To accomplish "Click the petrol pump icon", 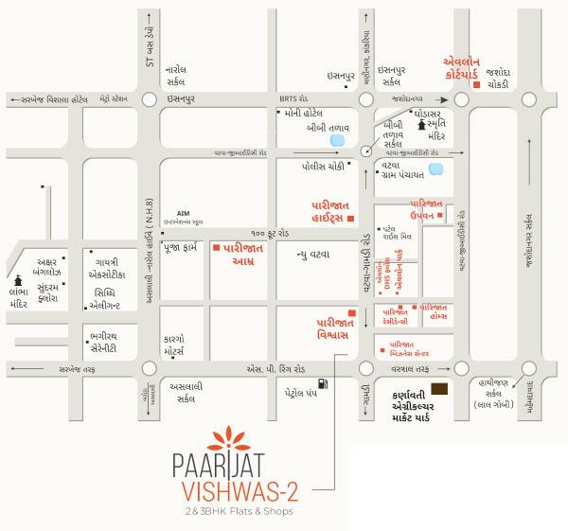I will [x=323, y=383].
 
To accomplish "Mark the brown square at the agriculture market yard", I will [x=440, y=390].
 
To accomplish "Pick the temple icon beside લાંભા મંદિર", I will [x=16, y=282].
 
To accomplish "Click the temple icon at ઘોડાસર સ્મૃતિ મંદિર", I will [x=420, y=125].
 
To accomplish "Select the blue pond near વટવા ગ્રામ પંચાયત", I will [x=435, y=170].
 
